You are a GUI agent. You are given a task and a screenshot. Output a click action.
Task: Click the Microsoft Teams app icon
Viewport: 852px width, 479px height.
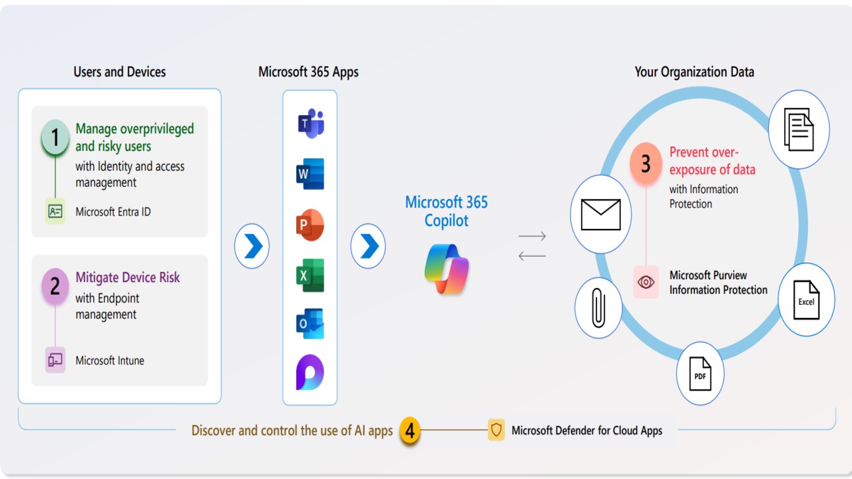[310, 124]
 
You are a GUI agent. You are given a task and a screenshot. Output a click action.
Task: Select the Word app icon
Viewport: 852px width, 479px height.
[310, 174]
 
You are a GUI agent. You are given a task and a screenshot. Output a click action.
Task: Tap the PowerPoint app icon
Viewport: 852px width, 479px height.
[310, 225]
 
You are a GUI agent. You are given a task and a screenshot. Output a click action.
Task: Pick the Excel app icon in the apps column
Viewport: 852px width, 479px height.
[310, 275]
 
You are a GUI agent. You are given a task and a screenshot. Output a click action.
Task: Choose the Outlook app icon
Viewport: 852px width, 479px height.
[310, 324]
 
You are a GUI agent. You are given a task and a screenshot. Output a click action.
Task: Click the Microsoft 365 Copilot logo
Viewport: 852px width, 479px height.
[447, 269]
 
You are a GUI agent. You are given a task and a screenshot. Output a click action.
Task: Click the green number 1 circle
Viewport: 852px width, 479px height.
[55, 138]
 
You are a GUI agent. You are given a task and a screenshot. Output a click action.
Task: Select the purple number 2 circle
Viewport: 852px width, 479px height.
[55, 286]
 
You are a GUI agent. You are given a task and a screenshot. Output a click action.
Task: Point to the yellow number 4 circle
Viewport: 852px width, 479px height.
[410, 431]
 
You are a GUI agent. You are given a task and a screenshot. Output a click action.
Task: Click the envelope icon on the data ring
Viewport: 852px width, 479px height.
[600, 214]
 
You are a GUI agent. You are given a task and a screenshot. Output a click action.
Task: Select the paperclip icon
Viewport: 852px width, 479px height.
[598, 308]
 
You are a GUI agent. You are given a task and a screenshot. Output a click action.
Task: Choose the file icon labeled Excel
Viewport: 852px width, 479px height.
[806, 299]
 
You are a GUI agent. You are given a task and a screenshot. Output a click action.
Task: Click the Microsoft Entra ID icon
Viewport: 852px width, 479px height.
[55, 212]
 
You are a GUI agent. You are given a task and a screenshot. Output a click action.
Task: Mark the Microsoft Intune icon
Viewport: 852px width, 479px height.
[55, 360]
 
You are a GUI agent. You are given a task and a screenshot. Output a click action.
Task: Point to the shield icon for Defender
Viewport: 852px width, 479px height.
[496, 430]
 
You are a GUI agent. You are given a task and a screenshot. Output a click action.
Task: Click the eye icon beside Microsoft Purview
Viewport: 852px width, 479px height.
[646, 282]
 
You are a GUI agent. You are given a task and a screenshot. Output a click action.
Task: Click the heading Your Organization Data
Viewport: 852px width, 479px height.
[694, 72]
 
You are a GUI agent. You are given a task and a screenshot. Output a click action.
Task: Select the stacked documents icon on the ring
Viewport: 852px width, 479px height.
[799, 129]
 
